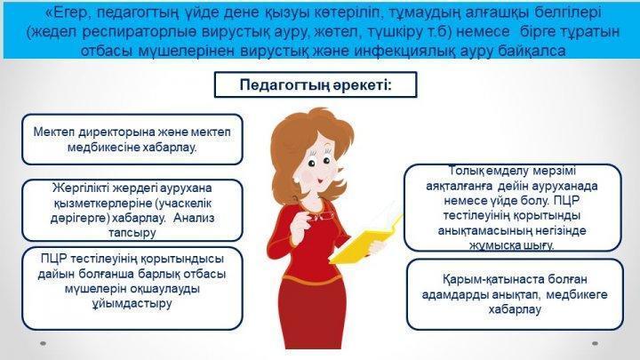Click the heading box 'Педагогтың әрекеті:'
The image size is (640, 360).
coord(316,85)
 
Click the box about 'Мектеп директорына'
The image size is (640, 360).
coord(132,140)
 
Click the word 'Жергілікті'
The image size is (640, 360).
coord(81,188)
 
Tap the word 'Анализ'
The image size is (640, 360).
coord(194,218)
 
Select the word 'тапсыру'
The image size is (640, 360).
coord(132,233)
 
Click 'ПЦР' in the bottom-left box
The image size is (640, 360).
coord(54,259)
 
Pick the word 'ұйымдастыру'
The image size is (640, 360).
coord(132,304)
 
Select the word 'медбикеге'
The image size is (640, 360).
coord(577,295)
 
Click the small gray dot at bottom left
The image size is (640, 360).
coord(44,344)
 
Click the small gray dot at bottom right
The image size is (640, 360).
coord(595,344)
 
